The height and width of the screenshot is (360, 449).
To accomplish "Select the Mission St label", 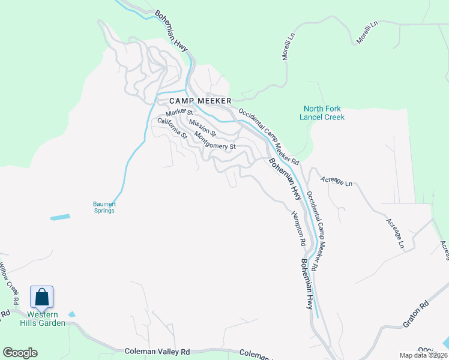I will [x=202, y=126].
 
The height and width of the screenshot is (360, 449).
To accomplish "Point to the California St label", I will [x=172, y=128].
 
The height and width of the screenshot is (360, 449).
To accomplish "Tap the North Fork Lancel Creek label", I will [x=322, y=113].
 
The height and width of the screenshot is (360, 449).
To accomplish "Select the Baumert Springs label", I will [x=104, y=207].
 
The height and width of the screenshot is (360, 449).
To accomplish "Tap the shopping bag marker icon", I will [x=41, y=297].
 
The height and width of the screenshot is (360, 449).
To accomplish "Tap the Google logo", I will [x=20, y=353].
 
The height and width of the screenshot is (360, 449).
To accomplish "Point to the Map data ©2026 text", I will [x=423, y=355].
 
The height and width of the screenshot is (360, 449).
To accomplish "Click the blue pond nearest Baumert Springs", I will [x=60, y=217].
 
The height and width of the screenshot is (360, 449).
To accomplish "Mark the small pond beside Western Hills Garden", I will [x=72, y=314].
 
